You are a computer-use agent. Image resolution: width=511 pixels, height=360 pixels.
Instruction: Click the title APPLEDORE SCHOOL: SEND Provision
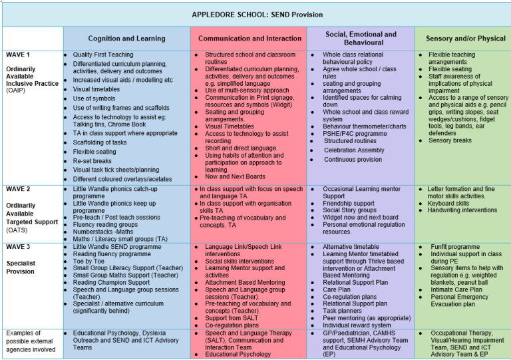(x=257, y=14)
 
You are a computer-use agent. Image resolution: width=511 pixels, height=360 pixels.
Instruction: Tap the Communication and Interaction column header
(x=250, y=39)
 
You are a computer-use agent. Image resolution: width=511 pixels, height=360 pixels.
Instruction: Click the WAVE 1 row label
(x=18, y=55)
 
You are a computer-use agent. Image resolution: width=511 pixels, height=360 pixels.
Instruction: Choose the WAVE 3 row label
(x=18, y=247)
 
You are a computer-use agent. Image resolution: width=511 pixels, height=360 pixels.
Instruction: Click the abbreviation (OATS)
(x=17, y=230)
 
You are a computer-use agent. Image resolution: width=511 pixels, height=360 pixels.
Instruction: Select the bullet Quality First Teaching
(x=103, y=55)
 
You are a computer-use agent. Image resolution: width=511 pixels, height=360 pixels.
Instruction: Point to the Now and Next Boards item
(x=235, y=177)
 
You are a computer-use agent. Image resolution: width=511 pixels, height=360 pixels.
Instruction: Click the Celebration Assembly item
(x=354, y=150)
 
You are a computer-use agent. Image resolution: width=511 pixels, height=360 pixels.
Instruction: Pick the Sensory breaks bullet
(x=450, y=141)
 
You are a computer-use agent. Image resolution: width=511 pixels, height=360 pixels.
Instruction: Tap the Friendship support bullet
(x=349, y=204)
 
